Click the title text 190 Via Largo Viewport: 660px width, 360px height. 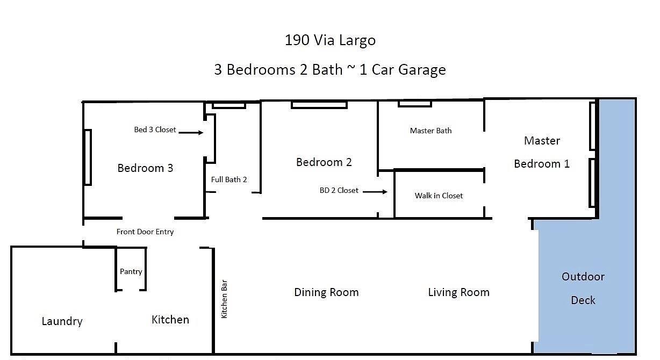pos(330,40)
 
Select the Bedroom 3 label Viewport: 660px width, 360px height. pos(145,168)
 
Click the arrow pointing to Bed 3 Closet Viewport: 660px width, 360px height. pos(191,132)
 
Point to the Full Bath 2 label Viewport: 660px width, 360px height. pos(229,179)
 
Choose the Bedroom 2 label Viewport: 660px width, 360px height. pos(324,162)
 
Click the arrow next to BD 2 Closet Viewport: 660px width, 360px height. pos(375,191)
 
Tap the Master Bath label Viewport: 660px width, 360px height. pos(431,131)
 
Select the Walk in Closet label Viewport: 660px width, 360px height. pos(439,196)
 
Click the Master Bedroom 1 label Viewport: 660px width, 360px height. pos(542,152)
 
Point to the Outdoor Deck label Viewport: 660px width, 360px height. pos(583,288)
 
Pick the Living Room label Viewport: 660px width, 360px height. pos(458,292)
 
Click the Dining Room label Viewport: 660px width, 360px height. pos(326,292)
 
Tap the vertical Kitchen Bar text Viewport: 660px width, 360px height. pos(225,298)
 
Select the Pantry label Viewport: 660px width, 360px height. pos(131,271)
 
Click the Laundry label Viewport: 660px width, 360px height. pos(62,321)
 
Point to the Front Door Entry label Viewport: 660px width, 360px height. pos(145,232)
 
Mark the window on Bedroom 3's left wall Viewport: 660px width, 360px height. pos(88,157)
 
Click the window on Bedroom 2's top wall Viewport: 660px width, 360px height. pos(319,105)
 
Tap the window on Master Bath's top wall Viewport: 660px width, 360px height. pos(414,104)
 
